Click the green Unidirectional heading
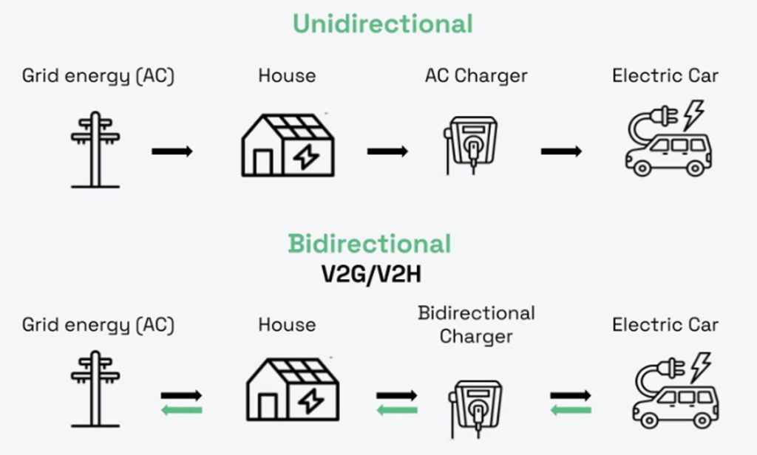point(382,24)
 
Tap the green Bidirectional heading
point(369,244)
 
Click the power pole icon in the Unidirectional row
point(95,149)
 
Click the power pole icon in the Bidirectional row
point(95,389)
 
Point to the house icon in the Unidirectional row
point(288,146)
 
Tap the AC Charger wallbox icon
point(469,144)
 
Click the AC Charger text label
point(476,75)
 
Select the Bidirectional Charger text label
point(476,324)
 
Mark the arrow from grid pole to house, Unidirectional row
point(172,151)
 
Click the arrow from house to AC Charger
point(387,151)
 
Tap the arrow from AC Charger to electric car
point(561,151)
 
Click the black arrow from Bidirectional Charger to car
point(570,396)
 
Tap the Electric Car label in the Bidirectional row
point(665,324)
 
